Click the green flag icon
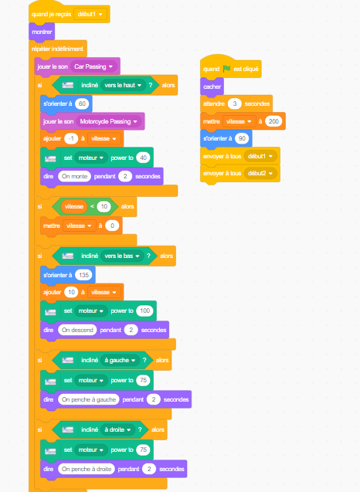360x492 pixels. click(226, 69)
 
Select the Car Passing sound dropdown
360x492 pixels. click(93, 66)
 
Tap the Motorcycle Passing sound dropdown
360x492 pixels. click(109, 121)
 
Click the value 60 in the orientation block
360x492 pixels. click(82, 103)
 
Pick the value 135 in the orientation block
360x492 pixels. click(83, 275)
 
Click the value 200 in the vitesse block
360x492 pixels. click(273, 121)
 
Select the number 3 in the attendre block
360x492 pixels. click(234, 103)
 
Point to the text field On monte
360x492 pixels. click(74, 176)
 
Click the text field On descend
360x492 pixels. click(77, 330)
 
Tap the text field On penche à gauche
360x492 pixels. click(89, 399)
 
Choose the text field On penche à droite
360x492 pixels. click(87, 469)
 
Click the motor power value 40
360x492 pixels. click(143, 158)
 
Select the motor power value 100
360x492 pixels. click(144, 310)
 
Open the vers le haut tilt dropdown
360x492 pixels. click(123, 85)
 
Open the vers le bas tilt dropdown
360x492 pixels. click(122, 256)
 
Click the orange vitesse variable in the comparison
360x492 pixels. click(73, 206)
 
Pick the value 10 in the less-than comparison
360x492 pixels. click(104, 206)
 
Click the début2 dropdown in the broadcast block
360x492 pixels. click(260, 173)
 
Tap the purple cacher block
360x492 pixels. click(212, 87)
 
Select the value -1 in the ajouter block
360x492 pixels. click(71, 138)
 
